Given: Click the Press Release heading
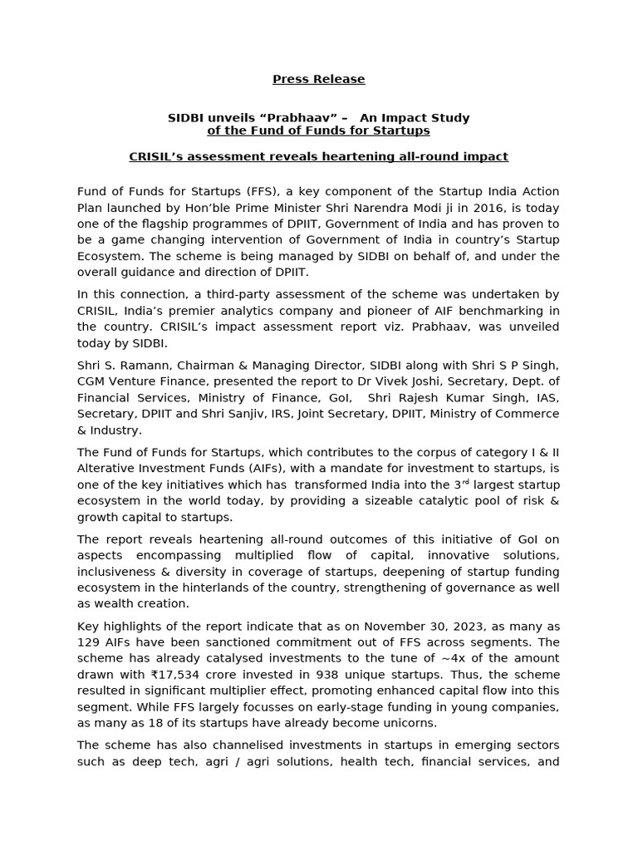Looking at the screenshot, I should tap(319, 80).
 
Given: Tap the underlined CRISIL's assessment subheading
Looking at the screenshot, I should tap(319, 156).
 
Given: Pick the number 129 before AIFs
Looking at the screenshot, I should tap(89, 642).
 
